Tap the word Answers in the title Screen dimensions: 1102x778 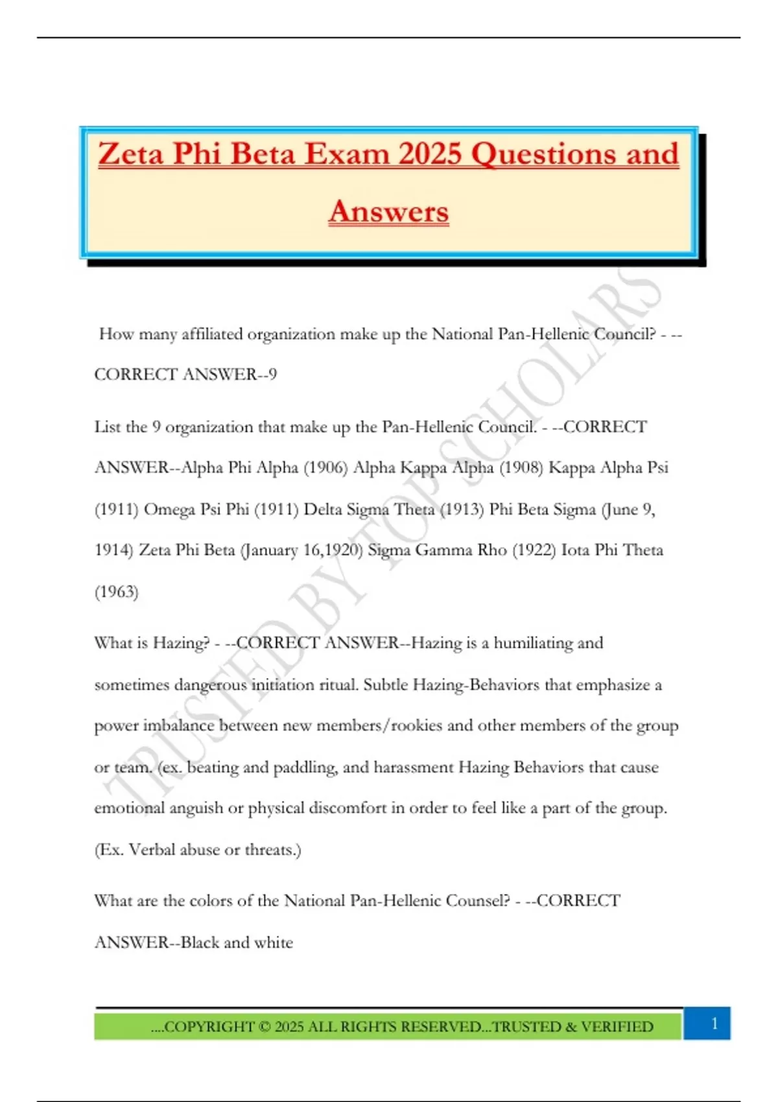point(388,211)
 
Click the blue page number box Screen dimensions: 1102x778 point(714,1024)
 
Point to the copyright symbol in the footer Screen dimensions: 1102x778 point(264,1027)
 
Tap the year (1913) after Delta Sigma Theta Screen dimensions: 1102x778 point(462,509)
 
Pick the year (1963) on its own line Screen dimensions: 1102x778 point(117,591)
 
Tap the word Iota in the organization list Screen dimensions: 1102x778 point(575,550)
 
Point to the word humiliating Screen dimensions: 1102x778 point(533,642)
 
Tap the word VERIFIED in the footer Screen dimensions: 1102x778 point(617,1027)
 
